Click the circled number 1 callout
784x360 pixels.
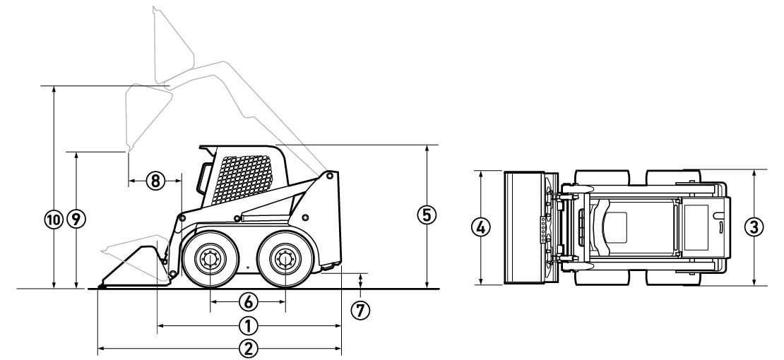248,326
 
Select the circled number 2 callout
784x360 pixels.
248,349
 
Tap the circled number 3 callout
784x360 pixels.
754,227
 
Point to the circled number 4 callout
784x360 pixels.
480,227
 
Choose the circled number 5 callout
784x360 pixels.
427,215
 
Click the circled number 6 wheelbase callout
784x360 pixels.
248,301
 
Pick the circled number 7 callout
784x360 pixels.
360,311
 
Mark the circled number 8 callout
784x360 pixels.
155,181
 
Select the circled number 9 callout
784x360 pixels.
76,219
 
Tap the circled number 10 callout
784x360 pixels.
54,219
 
